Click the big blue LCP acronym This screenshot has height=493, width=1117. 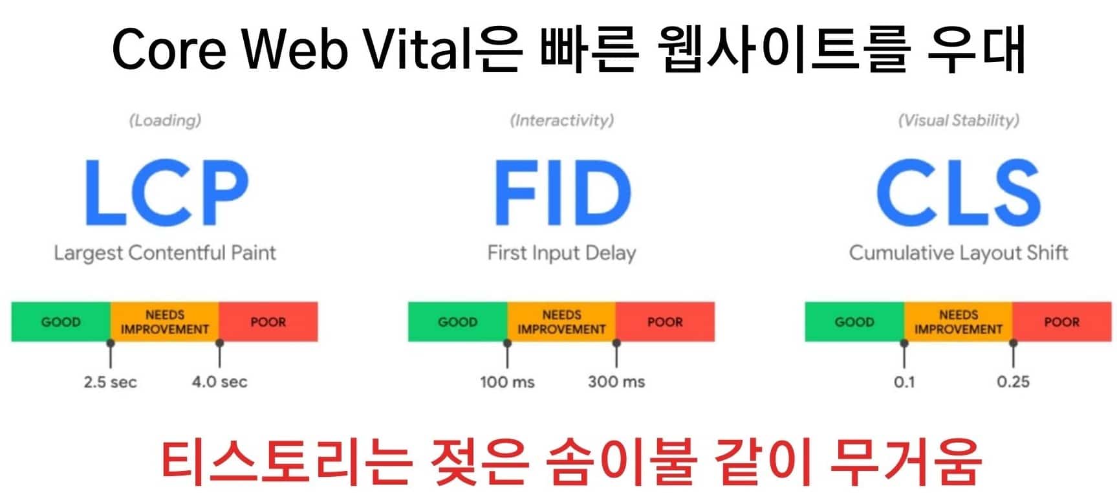point(167,192)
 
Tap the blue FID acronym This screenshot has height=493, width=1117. point(562,192)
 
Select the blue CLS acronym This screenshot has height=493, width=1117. point(959,192)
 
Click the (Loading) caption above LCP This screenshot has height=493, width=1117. point(166,120)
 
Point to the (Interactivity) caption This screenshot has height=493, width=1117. point(562,120)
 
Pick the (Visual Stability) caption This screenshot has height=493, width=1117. point(959,120)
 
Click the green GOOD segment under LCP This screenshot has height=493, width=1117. point(61,322)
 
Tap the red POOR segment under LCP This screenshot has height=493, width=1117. point(268,322)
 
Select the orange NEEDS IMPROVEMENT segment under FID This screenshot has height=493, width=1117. point(561,322)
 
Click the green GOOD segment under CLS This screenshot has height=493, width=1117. point(854,322)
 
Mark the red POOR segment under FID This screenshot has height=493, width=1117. point(666,322)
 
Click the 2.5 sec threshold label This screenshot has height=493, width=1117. point(110,382)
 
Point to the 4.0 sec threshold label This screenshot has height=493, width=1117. point(219,382)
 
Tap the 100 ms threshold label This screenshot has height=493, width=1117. point(507,382)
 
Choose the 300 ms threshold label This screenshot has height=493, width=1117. point(616,382)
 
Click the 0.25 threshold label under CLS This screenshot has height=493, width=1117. point(1013,382)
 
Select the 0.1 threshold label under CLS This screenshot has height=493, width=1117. point(904,382)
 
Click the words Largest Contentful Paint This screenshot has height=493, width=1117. point(165,253)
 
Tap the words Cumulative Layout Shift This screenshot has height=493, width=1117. point(959,253)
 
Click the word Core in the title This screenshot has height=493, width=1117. point(169,49)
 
